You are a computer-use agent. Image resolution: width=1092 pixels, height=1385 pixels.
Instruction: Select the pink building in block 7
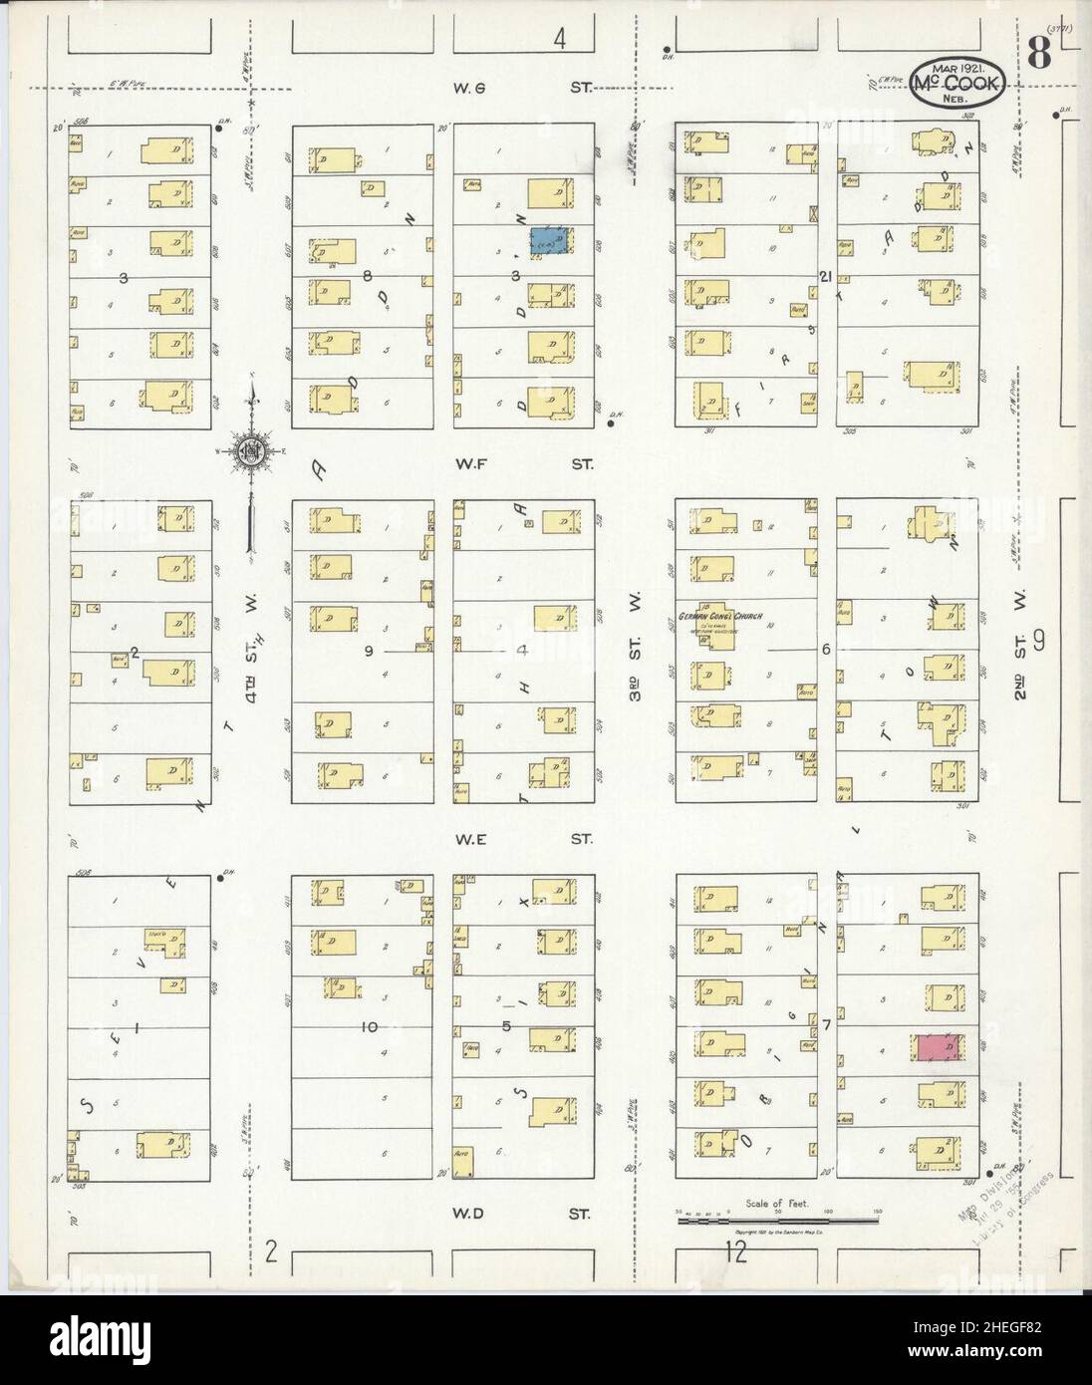tap(938, 1048)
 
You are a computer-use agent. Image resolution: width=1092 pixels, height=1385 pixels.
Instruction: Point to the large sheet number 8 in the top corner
tap(1038, 56)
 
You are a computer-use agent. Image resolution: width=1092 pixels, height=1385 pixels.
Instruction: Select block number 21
tap(824, 276)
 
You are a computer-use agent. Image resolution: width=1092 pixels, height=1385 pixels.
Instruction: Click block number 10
tap(371, 1026)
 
